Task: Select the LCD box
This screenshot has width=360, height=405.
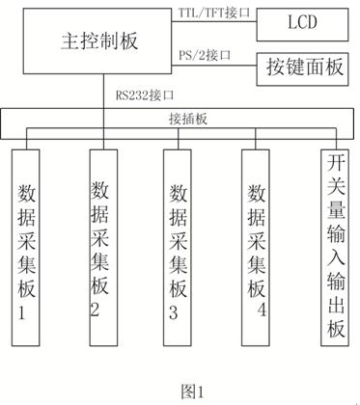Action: pyautogui.click(x=302, y=21)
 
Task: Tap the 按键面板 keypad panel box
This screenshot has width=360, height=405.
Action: pyautogui.click(x=302, y=67)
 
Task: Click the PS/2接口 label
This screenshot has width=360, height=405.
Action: pyautogui.click(x=206, y=55)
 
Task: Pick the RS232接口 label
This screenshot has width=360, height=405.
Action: pyautogui.click(x=141, y=95)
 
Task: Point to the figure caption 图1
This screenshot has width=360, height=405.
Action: pyautogui.click(x=193, y=390)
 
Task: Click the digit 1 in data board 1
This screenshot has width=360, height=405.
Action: pyautogui.click(x=26, y=313)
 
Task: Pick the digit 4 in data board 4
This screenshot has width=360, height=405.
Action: pyautogui.click(x=262, y=309)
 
